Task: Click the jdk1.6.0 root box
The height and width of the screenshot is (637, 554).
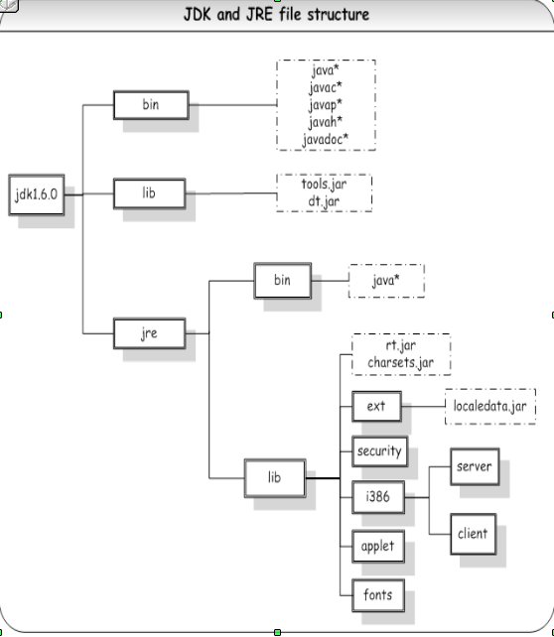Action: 38,194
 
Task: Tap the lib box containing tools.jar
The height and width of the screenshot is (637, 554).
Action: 148,193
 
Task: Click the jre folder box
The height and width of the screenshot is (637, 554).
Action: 148,333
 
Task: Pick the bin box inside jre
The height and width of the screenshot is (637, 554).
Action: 283,281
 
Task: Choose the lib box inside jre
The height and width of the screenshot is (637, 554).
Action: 274,477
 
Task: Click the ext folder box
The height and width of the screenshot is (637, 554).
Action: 375,406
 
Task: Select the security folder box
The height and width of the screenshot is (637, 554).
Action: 378,451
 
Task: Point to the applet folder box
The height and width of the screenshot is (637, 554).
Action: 378,546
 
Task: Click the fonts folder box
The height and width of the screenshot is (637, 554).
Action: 378,595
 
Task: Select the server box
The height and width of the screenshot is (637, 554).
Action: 473,465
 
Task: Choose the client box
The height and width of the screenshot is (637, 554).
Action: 473,533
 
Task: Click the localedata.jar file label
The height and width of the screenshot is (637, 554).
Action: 489,406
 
